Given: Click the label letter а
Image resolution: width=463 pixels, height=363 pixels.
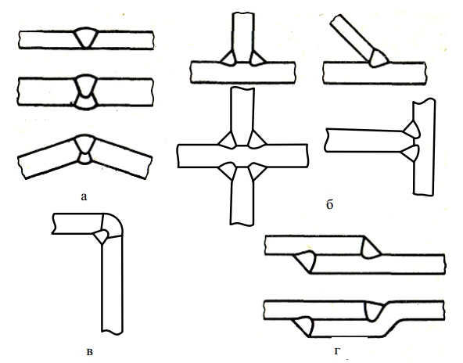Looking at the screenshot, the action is point(84,196).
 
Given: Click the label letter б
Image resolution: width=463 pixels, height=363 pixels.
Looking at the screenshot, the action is point(330,204).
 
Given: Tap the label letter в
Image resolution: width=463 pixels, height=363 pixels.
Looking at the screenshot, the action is point(90,352).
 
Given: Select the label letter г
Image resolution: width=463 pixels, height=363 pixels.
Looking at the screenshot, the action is point(338,351).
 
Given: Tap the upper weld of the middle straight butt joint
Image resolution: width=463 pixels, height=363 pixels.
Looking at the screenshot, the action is point(86,86).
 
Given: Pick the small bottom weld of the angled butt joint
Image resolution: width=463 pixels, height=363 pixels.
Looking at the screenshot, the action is point(85,158).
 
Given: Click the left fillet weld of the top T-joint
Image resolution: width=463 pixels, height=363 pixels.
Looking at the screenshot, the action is point(228,58).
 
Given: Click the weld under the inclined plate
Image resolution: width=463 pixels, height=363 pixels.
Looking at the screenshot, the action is point(378,59).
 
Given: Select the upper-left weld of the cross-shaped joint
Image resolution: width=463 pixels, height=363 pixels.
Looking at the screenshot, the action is point(228,140).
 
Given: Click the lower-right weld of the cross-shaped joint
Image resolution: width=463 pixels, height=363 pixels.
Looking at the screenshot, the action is point(257,171).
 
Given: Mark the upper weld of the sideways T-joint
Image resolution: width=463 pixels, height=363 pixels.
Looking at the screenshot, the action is point(412,129).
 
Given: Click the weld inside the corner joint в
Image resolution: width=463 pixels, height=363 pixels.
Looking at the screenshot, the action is point(102,235).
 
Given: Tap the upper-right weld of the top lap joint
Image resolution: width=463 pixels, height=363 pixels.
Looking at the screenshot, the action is point(370,248).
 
